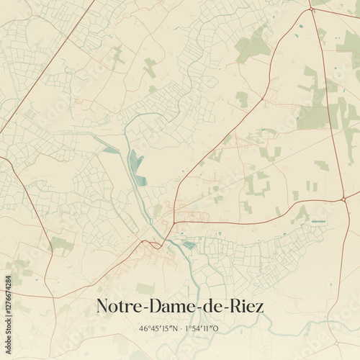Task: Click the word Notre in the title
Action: pyautogui.click(x=118, y=306)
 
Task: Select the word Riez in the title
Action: pyautogui.click(x=246, y=306)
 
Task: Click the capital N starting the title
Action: pyautogui.click(x=103, y=306)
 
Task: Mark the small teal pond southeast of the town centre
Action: pyautogui.click(x=189, y=245)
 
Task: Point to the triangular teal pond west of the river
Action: pyautogui.click(x=110, y=150)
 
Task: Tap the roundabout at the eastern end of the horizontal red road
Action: pyautogui.click(x=345, y=197)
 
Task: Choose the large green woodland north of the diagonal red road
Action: pyautogui.click(x=252, y=47)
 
